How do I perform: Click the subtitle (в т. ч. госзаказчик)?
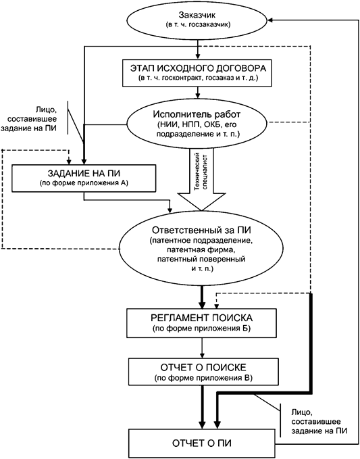pyautogui.click(x=199, y=24)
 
